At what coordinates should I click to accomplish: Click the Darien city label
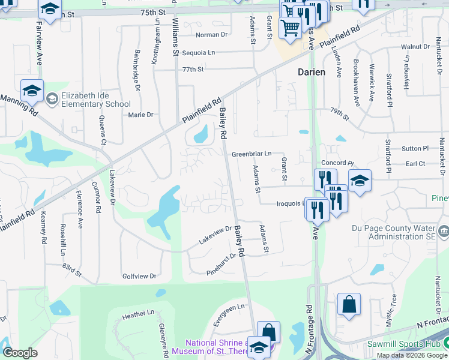click(x=312, y=72)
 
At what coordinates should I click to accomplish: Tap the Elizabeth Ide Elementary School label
click(x=88, y=100)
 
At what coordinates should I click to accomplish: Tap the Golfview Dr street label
click(x=139, y=276)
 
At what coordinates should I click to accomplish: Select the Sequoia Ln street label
click(x=198, y=53)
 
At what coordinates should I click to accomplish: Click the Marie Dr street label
click(x=141, y=115)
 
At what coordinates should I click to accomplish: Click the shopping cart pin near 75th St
click(x=291, y=26)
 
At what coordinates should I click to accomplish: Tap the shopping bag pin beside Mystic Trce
click(x=349, y=304)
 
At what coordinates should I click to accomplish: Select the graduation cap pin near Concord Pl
click(x=360, y=180)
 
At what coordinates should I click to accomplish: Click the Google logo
click(x=20, y=353)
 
